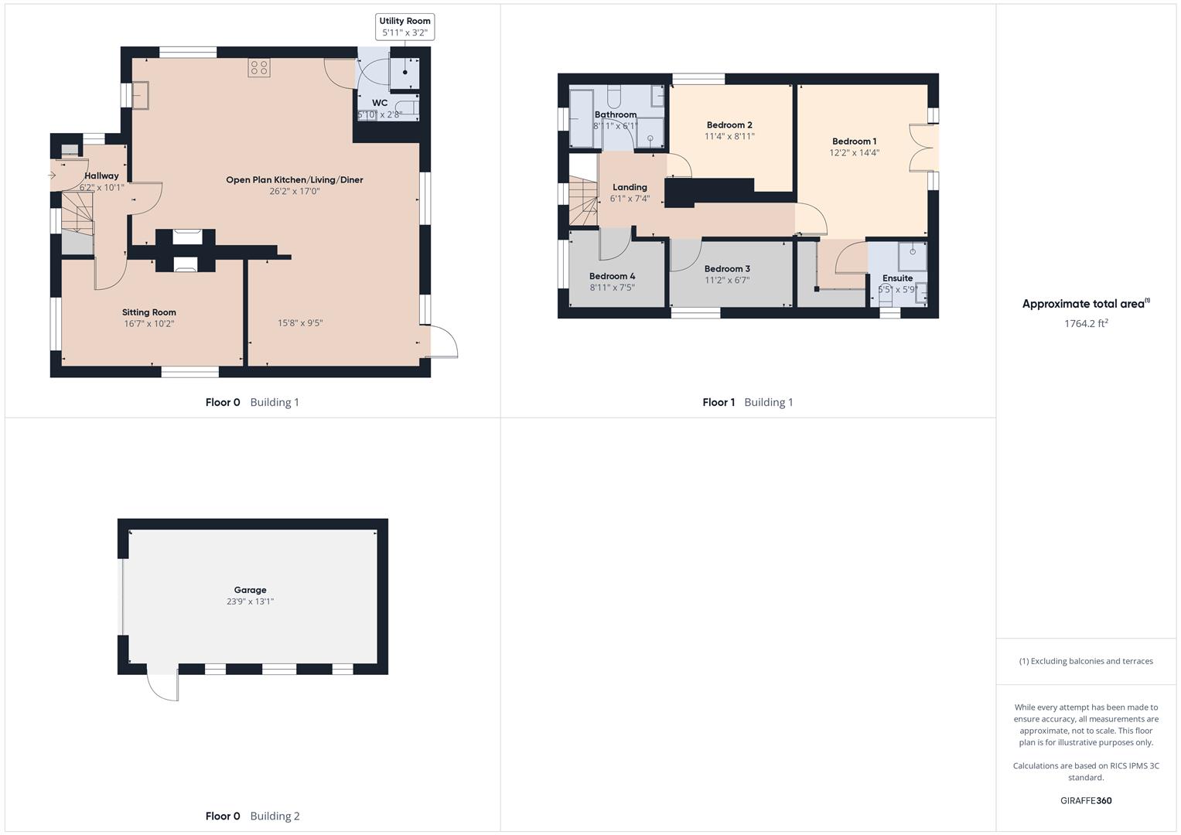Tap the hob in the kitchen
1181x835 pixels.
pos(259,67)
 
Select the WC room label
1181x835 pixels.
pos(380,103)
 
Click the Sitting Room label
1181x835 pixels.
pos(149,312)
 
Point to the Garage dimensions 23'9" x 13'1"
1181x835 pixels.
pos(250,602)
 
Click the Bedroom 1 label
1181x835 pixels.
pos(854,141)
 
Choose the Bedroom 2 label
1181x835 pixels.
pos(729,125)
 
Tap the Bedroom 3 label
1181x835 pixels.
pos(727,269)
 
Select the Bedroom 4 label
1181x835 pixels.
pos(612,276)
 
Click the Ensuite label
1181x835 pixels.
pos(897,278)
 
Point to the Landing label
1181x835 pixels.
pos(630,187)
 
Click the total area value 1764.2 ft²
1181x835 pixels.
pos(1086,324)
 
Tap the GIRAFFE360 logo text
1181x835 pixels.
pos(1086,801)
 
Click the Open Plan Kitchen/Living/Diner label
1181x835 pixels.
pos(294,180)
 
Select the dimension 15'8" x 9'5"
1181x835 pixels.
pos(300,323)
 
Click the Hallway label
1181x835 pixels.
pos(101,176)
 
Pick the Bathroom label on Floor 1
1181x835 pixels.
pos(616,115)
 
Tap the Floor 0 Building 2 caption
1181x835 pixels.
pos(252,816)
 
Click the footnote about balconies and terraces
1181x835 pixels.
pos(1086,661)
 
